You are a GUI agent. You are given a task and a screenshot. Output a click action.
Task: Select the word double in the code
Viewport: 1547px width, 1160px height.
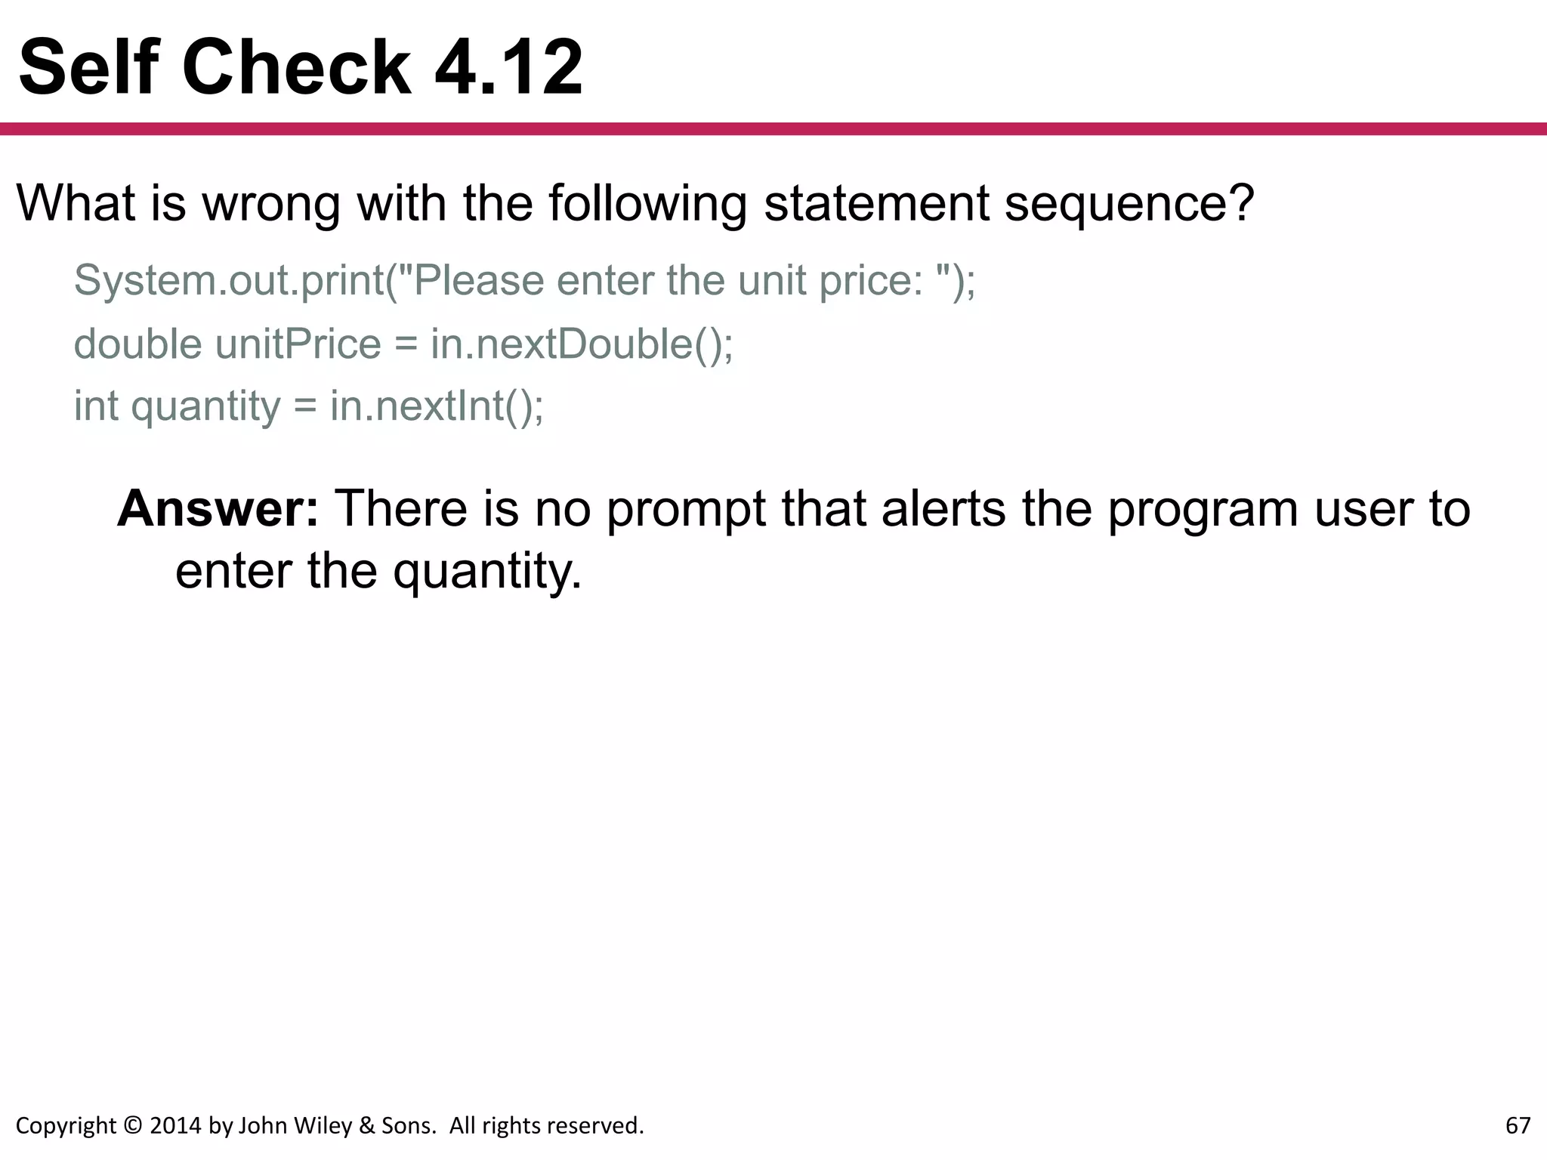137,344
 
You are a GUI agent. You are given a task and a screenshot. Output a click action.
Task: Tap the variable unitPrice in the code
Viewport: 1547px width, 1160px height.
298,344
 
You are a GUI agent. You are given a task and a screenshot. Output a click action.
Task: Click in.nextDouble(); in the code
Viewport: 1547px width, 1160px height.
582,344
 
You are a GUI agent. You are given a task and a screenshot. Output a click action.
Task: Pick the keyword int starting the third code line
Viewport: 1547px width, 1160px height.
96,406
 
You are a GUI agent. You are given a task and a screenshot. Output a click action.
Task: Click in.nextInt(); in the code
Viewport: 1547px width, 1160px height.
437,406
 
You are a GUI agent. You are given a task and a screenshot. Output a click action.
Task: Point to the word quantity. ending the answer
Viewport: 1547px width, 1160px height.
487,572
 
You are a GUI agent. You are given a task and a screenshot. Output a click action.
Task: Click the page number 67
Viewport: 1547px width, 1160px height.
1518,1125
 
